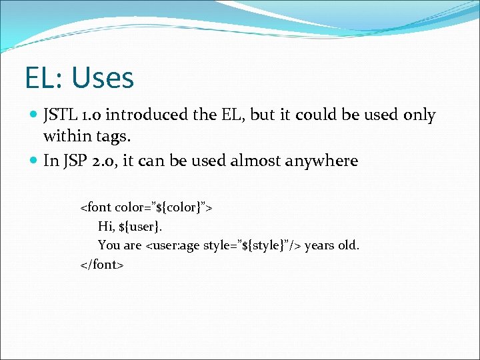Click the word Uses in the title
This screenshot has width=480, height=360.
103,78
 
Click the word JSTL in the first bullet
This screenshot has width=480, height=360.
60,115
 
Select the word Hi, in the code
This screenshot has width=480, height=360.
106,227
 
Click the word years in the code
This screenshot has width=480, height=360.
320,245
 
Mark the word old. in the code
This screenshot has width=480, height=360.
349,245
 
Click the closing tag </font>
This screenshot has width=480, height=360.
102,265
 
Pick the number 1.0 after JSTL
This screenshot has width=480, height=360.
90,115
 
